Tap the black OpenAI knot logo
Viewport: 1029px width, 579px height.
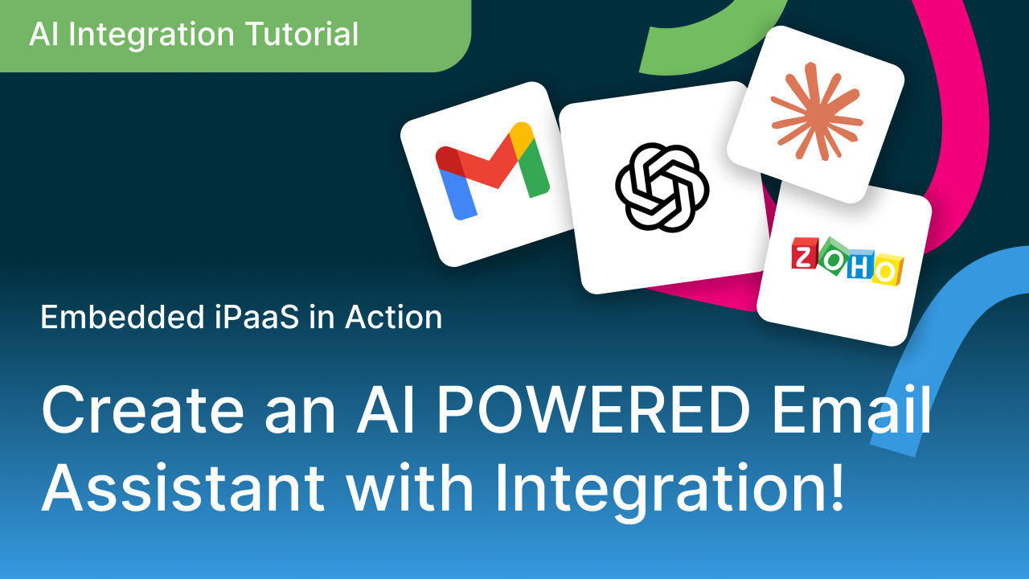(662, 187)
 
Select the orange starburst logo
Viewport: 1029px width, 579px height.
(816, 112)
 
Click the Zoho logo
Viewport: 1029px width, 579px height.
(847, 261)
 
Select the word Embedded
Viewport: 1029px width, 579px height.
(122, 317)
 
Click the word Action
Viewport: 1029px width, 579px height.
(394, 317)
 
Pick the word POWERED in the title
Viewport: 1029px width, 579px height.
(593, 409)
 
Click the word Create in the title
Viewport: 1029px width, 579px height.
(142, 409)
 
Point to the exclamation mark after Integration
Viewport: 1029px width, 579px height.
(837, 487)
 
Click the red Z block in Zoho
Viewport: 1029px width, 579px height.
(805, 253)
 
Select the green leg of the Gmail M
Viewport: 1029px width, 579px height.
(533, 168)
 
